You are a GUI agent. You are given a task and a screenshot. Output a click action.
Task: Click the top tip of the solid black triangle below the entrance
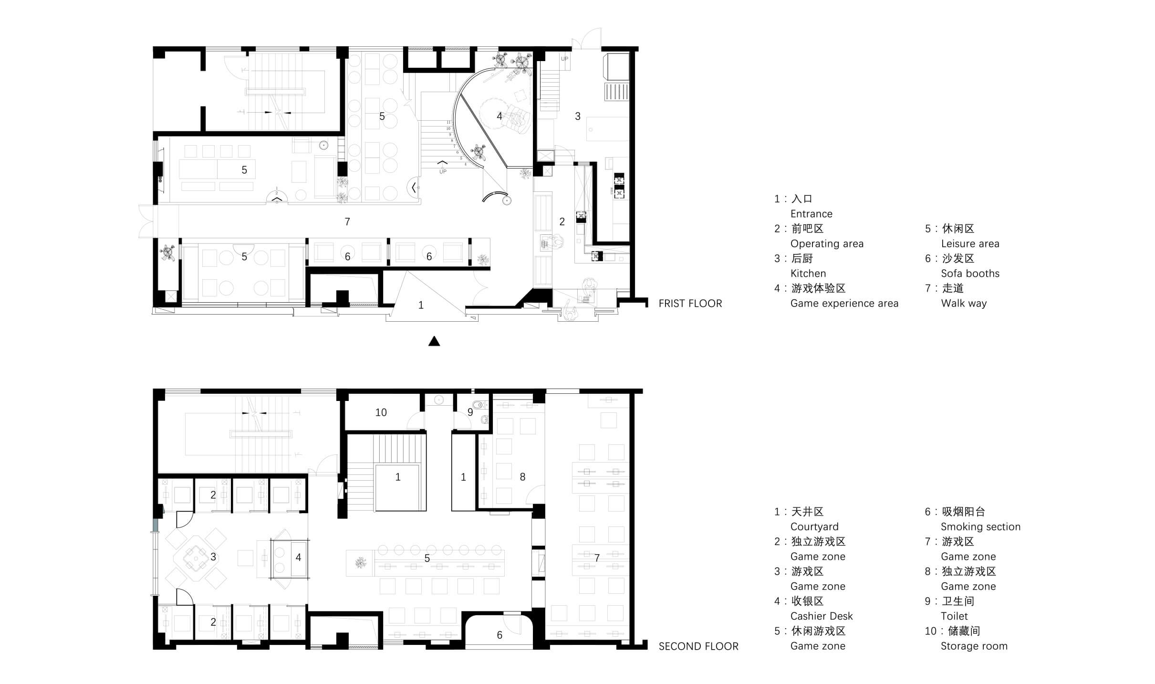pyautogui.click(x=434, y=337)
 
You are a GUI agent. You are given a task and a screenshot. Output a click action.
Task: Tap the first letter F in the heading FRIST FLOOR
pyautogui.click(x=662, y=304)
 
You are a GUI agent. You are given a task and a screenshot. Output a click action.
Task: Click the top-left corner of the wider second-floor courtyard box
pyautogui.click(x=375, y=464)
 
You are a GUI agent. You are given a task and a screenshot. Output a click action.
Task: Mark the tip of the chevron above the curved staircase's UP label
pyautogui.click(x=443, y=162)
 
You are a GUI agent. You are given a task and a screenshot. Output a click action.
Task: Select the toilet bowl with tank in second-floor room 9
pyautogui.click(x=482, y=405)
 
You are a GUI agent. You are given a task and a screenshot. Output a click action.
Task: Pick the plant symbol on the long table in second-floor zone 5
pyautogui.click(x=361, y=563)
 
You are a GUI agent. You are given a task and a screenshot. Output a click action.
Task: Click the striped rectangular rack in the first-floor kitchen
pyautogui.click(x=617, y=92)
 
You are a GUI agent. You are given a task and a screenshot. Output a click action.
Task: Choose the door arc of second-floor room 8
pyautogui.click(x=535, y=495)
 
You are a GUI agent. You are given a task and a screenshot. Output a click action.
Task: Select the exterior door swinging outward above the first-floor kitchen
pyautogui.click(x=587, y=38)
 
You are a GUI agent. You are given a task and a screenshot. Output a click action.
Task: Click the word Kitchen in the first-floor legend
pyautogui.click(x=808, y=274)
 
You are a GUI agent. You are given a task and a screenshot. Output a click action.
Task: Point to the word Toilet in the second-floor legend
pyautogui.click(x=954, y=616)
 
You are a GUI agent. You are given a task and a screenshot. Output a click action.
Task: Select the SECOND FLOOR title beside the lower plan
pyautogui.click(x=698, y=646)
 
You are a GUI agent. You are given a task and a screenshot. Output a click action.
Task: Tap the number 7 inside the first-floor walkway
pyautogui.click(x=347, y=221)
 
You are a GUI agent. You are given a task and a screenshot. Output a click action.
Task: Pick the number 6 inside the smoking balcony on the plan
pyautogui.click(x=499, y=635)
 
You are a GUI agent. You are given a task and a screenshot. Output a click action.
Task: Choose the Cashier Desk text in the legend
pyautogui.click(x=822, y=616)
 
